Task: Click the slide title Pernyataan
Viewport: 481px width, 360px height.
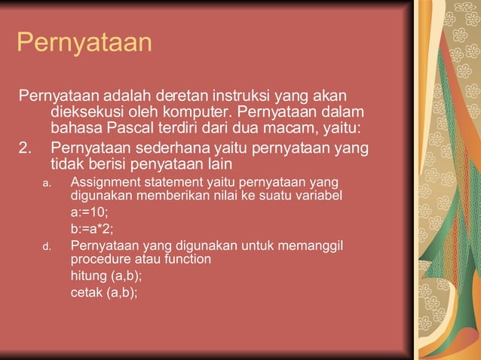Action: point(84,43)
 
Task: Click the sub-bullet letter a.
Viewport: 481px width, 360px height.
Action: point(46,183)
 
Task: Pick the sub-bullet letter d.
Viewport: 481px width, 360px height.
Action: point(46,246)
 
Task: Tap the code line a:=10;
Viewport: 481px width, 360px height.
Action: point(90,212)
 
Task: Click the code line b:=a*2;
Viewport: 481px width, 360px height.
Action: point(93,229)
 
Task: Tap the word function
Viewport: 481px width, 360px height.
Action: point(187,259)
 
